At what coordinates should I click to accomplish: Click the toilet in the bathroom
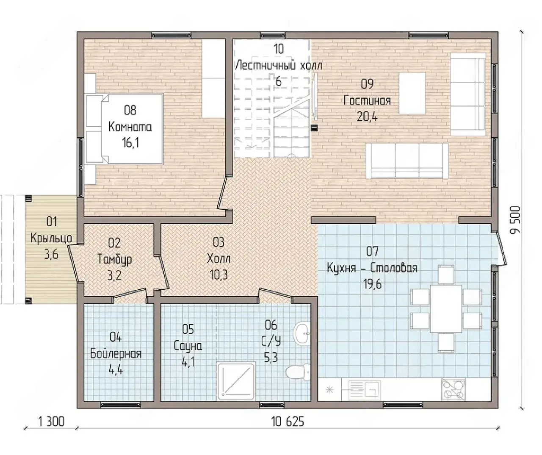coord(298,372)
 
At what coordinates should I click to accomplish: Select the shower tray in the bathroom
coord(236,382)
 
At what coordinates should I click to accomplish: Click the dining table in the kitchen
coord(446,309)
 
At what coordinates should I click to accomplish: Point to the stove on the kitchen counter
coord(453,389)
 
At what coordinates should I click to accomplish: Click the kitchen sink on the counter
coord(364,390)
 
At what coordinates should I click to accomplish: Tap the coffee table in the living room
coord(412,93)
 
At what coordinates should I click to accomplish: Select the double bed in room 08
coord(124,129)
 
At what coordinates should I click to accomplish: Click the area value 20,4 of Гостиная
coord(367,117)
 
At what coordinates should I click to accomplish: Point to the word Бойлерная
coord(116,354)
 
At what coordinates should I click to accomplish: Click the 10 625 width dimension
coord(288,422)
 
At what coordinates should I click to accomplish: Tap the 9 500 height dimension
coord(515,220)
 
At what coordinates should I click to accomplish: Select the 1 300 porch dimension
coord(51,422)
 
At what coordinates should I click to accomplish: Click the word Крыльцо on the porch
coord(51,238)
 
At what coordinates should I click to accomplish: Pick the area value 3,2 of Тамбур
coord(114,276)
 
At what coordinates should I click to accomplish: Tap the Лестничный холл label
coord(278,66)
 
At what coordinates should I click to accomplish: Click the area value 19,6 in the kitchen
coord(372,284)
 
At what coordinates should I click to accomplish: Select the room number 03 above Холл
coord(218,242)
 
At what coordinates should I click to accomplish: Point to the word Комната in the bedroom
coord(130,127)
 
